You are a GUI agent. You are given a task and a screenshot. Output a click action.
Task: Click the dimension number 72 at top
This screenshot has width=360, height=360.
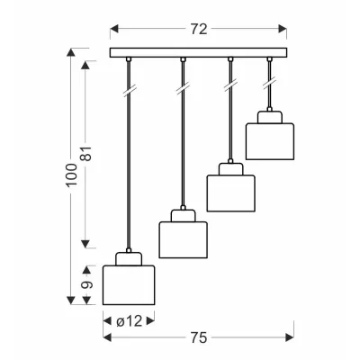point(199,30)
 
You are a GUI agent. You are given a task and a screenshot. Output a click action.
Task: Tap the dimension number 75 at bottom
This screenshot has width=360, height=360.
point(199,337)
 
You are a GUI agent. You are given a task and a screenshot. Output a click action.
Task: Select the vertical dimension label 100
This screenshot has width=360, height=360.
point(71,175)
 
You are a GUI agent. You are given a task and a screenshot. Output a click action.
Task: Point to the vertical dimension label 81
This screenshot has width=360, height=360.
point(87,154)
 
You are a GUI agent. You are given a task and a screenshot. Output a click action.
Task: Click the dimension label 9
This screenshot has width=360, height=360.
point(87,284)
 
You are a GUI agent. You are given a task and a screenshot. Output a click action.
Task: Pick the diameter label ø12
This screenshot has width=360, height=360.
point(129,321)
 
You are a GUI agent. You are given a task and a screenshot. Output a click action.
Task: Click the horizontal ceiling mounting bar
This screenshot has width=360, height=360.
point(198,52)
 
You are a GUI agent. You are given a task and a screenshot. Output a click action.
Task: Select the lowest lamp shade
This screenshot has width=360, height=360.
point(129,285)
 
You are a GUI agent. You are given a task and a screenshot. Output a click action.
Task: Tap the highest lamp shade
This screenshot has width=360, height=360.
point(270,141)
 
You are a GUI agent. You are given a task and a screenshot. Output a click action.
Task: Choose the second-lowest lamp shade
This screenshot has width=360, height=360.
point(183,239)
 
